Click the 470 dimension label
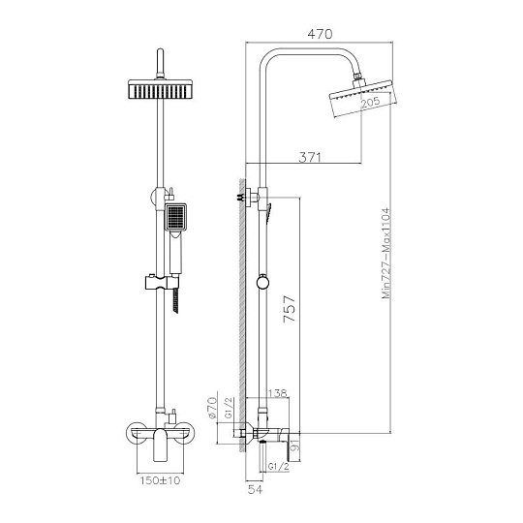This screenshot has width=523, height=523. click(320, 34)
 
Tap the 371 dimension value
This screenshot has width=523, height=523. click(310, 157)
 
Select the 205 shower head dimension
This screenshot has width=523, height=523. click(371, 102)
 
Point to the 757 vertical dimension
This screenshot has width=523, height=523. click(290, 309)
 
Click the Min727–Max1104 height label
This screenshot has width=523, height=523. click(385, 253)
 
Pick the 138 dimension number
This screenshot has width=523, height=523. click(278, 393)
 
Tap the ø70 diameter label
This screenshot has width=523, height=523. click(212, 408)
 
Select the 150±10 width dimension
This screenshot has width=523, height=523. click(160, 480)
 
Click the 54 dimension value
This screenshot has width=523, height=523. click(255, 490)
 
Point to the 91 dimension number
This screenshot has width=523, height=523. click(294, 446)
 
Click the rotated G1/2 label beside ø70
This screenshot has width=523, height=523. click(229, 408)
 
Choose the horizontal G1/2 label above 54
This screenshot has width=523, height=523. click(279, 467)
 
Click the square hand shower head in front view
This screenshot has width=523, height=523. click(175, 217)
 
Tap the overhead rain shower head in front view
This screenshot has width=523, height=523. click(161, 89)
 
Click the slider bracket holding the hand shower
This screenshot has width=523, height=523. click(162, 283)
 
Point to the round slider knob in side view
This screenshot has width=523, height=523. click(262, 283)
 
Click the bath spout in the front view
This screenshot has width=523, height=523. click(160, 445)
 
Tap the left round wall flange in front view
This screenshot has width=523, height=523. click(137, 434)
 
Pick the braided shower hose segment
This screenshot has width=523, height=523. click(175, 301)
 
